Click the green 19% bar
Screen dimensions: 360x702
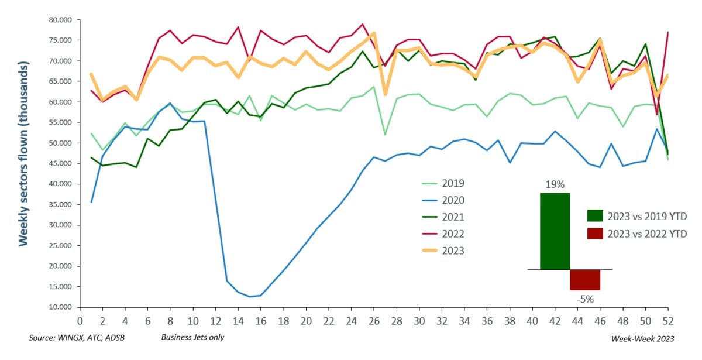[x=554, y=231]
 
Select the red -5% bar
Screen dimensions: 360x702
[x=585, y=280]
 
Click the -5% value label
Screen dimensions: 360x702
[x=586, y=299]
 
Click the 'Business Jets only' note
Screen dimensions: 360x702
[x=192, y=338]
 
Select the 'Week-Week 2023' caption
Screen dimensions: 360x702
[x=643, y=338]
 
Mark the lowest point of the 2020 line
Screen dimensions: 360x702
[x=250, y=297]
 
